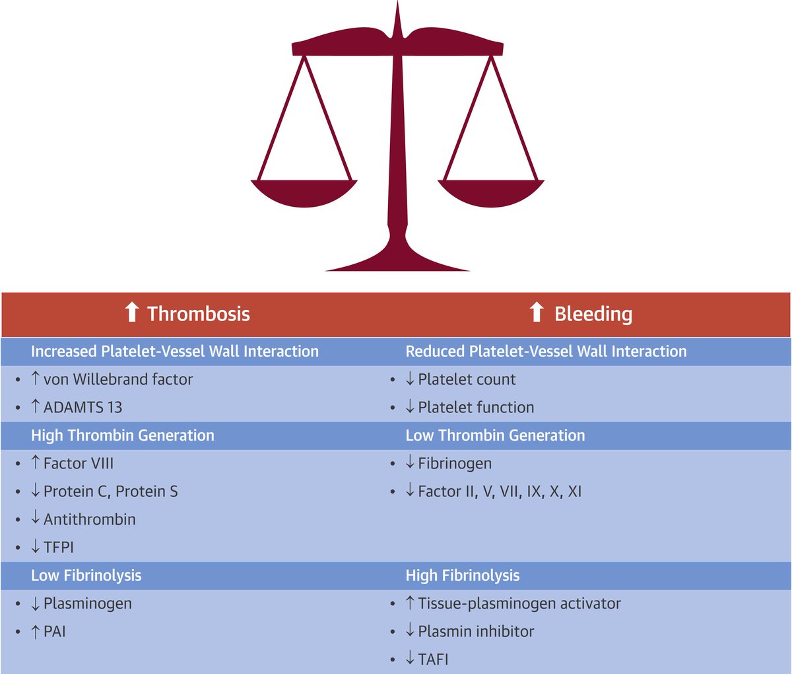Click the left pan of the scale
(304, 192)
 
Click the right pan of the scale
(491, 192)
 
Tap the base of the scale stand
(397, 261)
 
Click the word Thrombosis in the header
(198, 313)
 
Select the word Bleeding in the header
(593, 313)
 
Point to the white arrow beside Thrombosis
(132, 312)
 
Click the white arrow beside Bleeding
(537, 312)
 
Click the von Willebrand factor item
(117, 379)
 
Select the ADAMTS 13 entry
(82, 407)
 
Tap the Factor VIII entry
(78, 463)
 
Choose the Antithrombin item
(89, 519)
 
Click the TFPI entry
(58, 547)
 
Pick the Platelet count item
(467, 379)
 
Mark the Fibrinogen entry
(454, 463)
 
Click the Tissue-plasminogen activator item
(519, 603)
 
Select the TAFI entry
(433, 659)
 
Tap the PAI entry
(54, 631)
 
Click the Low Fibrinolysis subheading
(86, 576)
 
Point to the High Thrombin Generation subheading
(122, 435)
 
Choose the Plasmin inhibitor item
(475, 631)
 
